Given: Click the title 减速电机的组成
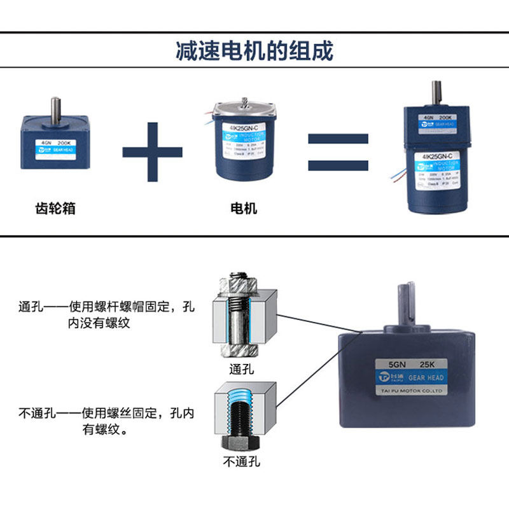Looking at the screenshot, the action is [x=254, y=51].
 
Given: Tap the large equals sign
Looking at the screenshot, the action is [x=338, y=153].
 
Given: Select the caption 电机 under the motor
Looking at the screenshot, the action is [x=243, y=208].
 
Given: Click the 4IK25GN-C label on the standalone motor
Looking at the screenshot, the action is [x=243, y=127].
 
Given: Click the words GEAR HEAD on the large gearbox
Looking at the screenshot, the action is [x=426, y=378].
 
